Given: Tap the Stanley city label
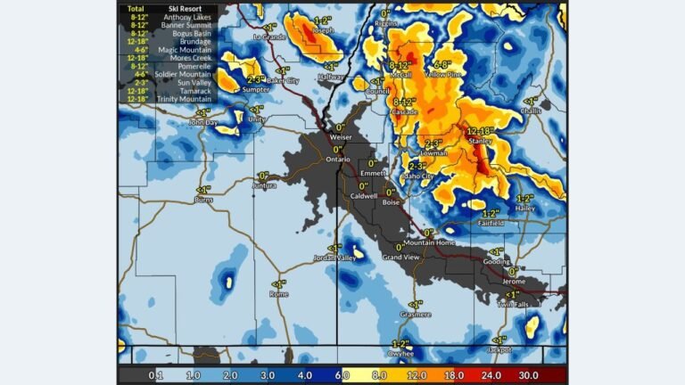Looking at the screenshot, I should (481, 140).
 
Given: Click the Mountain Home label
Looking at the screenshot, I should (429, 242).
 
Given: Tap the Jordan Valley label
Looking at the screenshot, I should (334, 258).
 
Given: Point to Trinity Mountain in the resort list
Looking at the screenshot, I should (188, 99).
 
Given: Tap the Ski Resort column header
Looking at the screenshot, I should (186, 8).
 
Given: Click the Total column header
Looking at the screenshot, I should (136, 8).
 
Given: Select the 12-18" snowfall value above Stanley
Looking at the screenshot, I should (481, 130).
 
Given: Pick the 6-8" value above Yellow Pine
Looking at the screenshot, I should (440, 65).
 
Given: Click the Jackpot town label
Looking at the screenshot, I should (499, 350).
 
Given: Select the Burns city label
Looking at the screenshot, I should (203, 201).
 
